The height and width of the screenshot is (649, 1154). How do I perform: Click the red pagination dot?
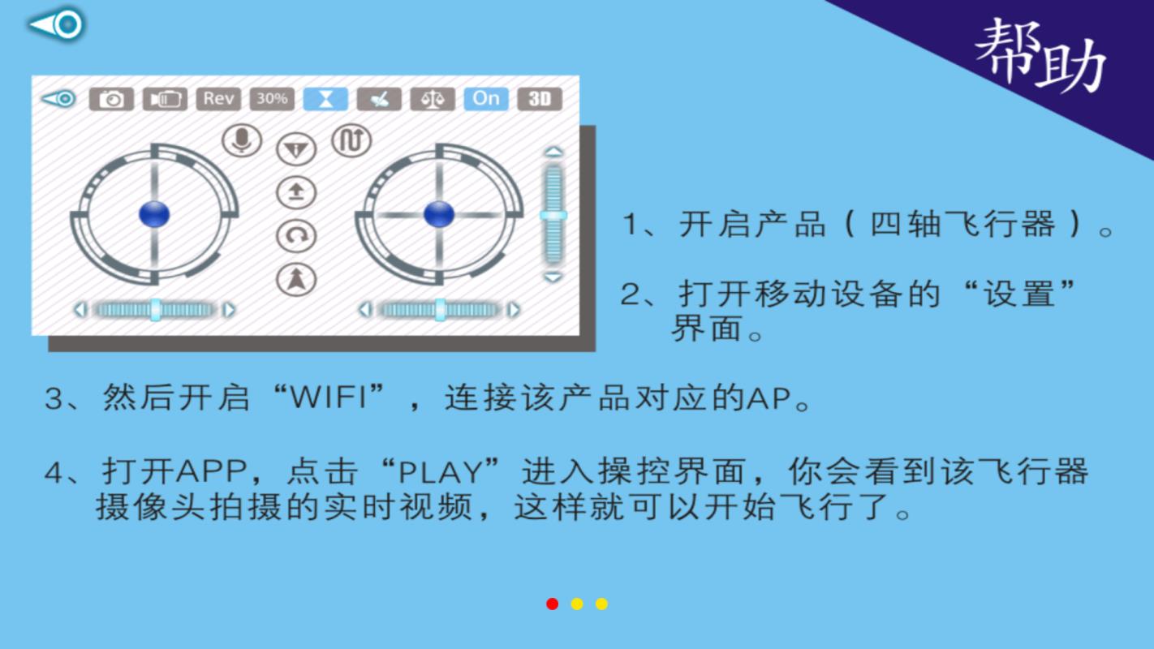[553, 604]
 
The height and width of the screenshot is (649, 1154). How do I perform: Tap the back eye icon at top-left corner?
[57, 24]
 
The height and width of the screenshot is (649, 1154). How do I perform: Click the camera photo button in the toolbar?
[111, 99]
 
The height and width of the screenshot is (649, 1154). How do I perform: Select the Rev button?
[218, 99]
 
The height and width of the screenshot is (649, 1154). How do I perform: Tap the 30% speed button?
[272, 99]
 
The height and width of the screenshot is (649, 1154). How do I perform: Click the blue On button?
[486, 99]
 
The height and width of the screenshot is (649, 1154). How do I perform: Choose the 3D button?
[540, 99]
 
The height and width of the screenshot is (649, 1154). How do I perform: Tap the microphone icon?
[242, 140]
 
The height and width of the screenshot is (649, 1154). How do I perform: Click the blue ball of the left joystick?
[154, 213]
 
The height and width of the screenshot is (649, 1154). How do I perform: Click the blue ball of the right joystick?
[439, 213]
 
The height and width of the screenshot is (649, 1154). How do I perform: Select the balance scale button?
[433, 99]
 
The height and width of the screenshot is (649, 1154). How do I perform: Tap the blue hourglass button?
[325, 99]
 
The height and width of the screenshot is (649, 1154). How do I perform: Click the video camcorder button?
[165, 99]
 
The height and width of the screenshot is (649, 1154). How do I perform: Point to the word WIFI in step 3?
[329, 398]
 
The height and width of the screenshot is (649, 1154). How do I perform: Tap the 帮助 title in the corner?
[1040, 57]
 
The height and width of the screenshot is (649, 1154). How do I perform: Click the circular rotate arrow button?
[296, 236]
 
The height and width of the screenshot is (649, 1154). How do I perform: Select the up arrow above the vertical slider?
[553, 152]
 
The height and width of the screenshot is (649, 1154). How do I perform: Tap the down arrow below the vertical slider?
[553, 277]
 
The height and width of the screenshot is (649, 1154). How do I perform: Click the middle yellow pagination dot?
[577, 604]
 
